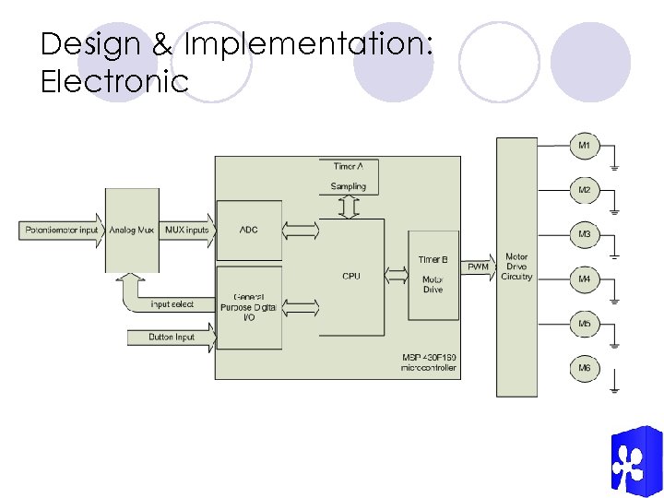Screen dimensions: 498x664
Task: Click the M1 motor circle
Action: pos(585,146)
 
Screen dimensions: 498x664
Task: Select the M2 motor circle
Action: pos(585,190)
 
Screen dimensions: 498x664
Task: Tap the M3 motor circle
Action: pos(585,234)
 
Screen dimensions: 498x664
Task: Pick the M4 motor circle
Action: pos(585,279)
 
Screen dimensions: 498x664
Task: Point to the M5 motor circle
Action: pos(585,324)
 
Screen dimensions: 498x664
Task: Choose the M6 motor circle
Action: pos(585,368)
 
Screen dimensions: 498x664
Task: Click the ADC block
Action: pos(249,230)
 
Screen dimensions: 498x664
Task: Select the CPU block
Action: pos(350,277)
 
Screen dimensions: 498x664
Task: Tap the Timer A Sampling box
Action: pos(349,176)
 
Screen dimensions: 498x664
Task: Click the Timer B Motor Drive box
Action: pos(433,275)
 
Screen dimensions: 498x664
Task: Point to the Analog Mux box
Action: pos(132,230)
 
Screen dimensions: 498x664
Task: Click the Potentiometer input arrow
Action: pos(62,230)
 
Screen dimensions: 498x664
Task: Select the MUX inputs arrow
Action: pos(187,230)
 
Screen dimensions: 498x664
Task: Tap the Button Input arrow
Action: pos(172,338)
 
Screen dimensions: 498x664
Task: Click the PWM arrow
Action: pos(478,267)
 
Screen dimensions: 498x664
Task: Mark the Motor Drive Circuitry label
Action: pos(516,267)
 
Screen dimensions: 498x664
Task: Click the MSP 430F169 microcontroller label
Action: pos(428,362)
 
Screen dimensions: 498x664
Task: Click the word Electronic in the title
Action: pos(114,81)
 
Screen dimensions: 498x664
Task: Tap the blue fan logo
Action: pos(635,462)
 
